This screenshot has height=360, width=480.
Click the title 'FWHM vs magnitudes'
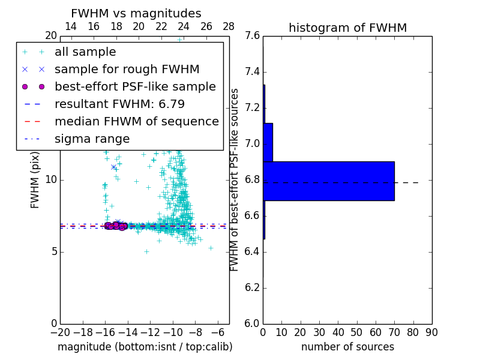pyautogui.click(x=136, y=13)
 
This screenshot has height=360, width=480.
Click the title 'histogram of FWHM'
pyautogui.click(x=347, y=28)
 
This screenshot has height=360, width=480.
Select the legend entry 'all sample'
pyautogui.click(x=85, y=52)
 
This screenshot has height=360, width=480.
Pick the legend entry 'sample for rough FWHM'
pyautogui.click(x=127, y=70)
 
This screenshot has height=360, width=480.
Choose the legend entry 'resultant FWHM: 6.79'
pyautogui.click(x=119, y=104)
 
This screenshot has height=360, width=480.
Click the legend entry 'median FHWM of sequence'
pyautogui.click(x=136, y=122)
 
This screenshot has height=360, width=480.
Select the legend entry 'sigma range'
pyautogui.click(x=92, y=139)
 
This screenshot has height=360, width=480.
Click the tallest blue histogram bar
pyautogui.click(x=328, y=181)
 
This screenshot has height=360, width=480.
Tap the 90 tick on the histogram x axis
pyautogui.click(x=431, y=332)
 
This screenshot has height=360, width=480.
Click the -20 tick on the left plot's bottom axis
pyautogui.click(x=60, y=332)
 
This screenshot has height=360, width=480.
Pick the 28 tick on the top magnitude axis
pyautogui.click(x=229, y=26)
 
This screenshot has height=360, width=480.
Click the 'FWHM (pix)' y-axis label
pyautogui.click(x=35, y=179)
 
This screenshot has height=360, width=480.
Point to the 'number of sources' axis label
pyautogui.click(x=347, y=347)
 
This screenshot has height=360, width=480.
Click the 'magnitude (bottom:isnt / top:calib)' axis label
pyautogui.click(x=145, y=347)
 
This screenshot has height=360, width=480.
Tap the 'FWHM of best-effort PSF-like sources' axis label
pyautogui.click(x=235, y=179)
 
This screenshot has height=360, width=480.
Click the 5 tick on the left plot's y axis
pyautogui.click(x=54, y=251)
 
